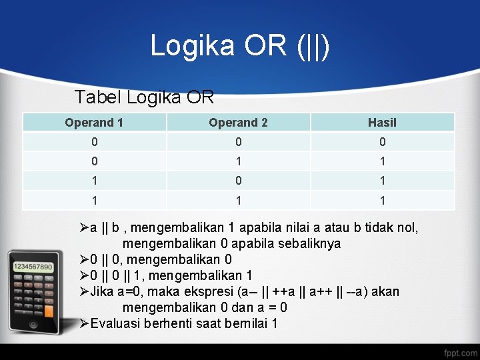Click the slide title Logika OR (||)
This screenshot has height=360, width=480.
pos(239,45)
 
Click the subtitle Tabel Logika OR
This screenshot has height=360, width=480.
pos(144,97)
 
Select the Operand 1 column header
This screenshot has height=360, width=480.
pos(94,123)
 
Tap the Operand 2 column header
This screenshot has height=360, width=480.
pos(238,123)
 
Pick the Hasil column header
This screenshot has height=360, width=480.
pos(382,123)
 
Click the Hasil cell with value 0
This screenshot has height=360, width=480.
pos(382,142)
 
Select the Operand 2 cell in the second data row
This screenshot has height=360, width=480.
pos(238,161)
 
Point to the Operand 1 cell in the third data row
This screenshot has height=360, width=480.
pos(94,181)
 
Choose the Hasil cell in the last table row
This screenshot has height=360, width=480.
pos(382,200)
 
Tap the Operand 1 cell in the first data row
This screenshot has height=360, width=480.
pos(94,142)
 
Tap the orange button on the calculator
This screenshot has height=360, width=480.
pos(48,311)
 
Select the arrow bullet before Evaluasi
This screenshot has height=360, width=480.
pos(84,324)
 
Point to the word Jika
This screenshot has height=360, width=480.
pos(103,291)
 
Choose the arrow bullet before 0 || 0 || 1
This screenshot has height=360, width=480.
pos(84,275)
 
